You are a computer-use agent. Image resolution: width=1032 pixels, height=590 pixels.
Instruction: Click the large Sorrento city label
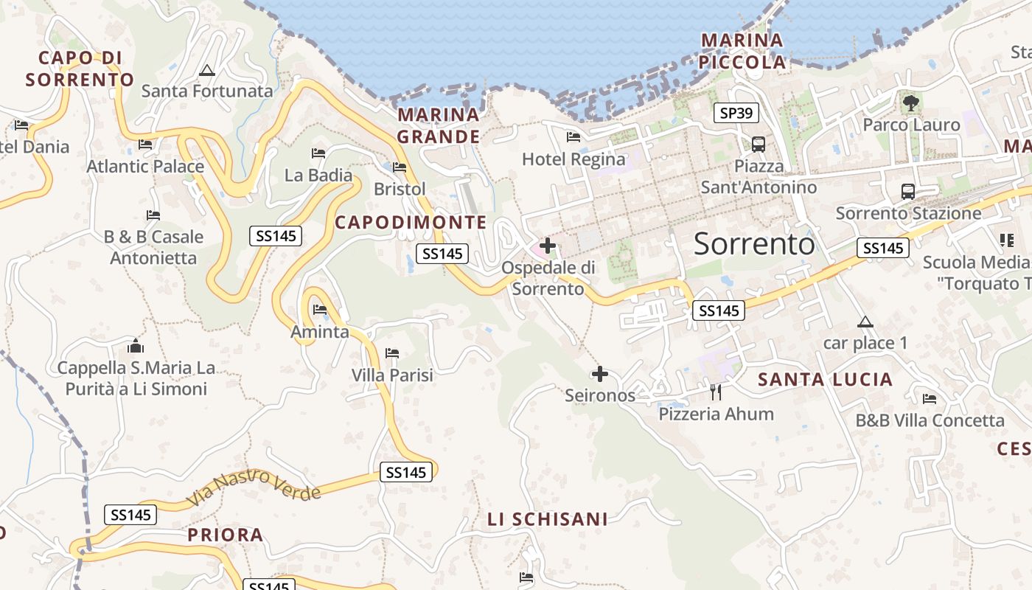click(754, 243)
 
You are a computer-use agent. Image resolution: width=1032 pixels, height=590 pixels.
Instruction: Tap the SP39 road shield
click(736, 113)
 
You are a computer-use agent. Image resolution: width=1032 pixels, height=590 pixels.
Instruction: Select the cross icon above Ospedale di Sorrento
click(548, 245)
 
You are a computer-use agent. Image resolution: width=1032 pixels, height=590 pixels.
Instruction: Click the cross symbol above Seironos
click(600, 374)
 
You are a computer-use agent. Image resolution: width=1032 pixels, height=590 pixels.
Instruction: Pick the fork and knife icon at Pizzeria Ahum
click(715, 392)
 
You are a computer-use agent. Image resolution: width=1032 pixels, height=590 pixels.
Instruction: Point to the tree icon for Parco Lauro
click(911, 103)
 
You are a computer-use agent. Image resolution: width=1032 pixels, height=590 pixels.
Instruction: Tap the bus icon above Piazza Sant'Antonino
click(758, 144)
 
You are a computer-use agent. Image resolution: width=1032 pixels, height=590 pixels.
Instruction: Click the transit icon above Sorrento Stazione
click(907, 192)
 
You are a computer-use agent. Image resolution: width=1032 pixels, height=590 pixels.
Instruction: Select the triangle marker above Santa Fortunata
click(207, 71)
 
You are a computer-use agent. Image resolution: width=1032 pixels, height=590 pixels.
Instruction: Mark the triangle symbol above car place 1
click(865, 322)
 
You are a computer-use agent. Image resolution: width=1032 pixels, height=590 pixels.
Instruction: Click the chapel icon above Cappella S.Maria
click(136, 346)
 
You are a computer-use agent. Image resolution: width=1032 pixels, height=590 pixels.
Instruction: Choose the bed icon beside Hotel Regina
click(573, 137)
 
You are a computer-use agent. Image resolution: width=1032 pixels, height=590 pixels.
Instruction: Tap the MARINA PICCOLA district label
click(742, 52)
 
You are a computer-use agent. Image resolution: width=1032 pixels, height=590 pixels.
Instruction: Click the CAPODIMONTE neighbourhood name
click(411, 222)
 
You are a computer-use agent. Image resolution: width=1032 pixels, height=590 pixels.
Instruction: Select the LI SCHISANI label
click(548, 519)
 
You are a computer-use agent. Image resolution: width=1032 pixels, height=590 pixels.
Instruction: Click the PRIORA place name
click(225, 535)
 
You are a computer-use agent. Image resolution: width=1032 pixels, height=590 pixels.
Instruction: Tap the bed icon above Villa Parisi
click(392, 353)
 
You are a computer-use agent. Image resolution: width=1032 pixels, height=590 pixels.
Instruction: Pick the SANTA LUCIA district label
click(825, 380)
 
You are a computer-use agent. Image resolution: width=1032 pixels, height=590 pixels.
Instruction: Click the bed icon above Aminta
click(320, 310)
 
